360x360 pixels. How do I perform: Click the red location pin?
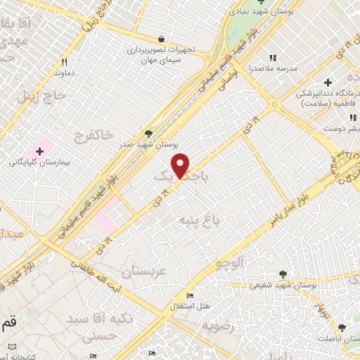pos(181,165)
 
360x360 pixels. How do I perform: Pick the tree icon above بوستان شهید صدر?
pos(148,134)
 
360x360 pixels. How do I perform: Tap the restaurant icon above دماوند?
pos(64,61)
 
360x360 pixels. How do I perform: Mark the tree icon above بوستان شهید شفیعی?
pos(283,274)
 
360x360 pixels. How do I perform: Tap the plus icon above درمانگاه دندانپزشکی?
pos(328,83)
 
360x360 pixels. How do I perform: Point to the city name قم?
pos(8,322)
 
